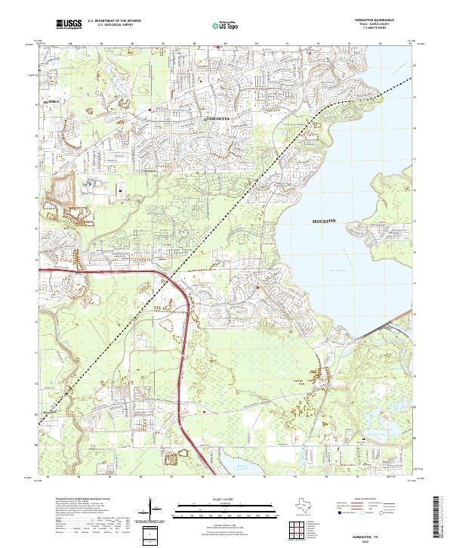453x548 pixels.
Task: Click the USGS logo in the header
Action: click(x=69, y=24)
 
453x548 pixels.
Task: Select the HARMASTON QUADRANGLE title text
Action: click(x=385, y=20)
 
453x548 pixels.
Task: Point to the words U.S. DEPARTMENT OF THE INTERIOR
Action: click(x=114, y=21)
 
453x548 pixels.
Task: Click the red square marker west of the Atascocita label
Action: click(x=150, y=109)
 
